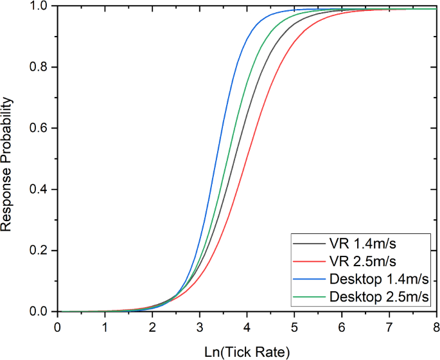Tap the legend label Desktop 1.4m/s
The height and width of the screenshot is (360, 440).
click(x=378, y=279)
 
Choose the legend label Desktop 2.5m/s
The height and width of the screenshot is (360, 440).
click(x=378, y=296)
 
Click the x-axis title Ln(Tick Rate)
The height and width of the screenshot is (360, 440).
click(x=247, y=351)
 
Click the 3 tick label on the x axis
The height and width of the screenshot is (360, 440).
click(x=200, y=326)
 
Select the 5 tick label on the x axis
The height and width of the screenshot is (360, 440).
click(x=295, y=326)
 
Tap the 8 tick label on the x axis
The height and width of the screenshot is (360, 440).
click(x=436, y=326)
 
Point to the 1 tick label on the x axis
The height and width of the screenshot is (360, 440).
click(x=105, y=326)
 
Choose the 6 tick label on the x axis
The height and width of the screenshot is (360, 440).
click(x=342, y=326)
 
